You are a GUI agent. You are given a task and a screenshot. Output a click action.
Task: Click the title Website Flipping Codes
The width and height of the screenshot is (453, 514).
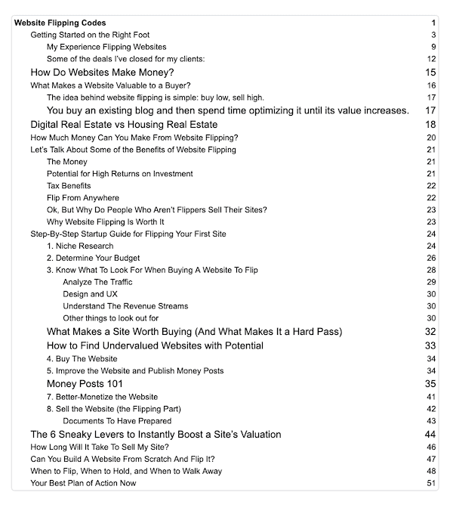click(x=60, y=23)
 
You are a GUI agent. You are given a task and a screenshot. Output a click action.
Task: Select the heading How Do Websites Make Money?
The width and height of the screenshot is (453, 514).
click(x=102, y=73)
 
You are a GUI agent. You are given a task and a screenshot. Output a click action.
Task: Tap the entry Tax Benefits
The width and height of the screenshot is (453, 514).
click(x=69, y=186)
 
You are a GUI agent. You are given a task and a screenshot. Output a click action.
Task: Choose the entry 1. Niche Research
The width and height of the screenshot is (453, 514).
click(x=80, y=246)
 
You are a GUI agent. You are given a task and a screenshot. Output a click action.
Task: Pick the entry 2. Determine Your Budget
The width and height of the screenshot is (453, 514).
click(x=93, y=259)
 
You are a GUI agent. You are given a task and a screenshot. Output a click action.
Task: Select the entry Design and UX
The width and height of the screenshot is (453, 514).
click(x=91, y=295)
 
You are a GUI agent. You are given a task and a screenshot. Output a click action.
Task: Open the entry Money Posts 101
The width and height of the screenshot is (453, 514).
click(x=85, y=384)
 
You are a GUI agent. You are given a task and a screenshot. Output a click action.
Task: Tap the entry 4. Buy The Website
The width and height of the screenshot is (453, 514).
click(x=82, y=359)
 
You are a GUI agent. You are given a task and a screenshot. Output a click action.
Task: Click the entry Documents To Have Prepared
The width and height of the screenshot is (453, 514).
click(x=117, y=421)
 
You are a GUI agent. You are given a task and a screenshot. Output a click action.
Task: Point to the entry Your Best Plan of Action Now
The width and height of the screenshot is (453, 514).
click(x=83, y=483)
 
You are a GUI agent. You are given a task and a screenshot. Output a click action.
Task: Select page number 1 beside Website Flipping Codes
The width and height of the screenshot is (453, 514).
click(x=434, y=23)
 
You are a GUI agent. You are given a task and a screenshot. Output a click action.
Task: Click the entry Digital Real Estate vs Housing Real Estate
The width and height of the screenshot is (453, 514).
click(x=124, y=125)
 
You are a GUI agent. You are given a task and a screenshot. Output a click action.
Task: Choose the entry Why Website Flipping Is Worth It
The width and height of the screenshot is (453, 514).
click(x=105, y=222)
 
